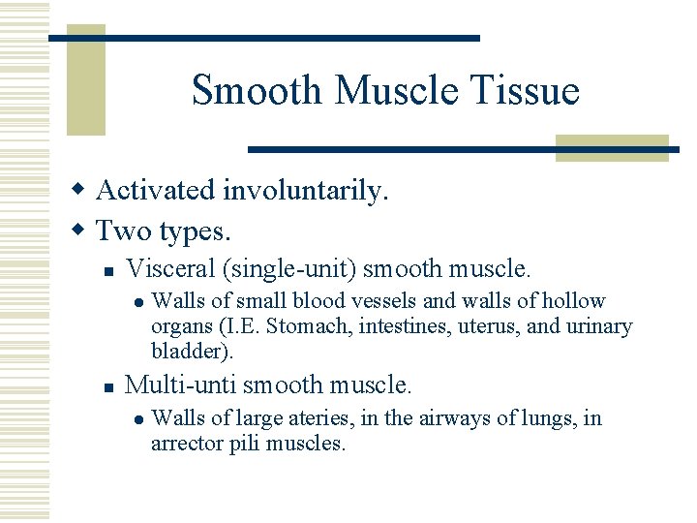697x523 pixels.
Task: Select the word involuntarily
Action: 305,190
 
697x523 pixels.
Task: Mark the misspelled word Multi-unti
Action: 181,385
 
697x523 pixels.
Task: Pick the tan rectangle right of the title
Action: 612,147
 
